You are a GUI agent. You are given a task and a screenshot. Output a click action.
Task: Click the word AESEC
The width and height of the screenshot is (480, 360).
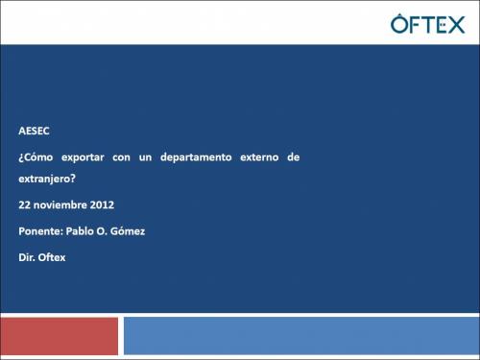tap(34, 131)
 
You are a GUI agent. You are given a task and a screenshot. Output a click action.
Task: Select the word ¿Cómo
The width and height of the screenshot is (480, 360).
tap(36, 156)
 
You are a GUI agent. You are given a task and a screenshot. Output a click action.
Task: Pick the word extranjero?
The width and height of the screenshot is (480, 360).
tap(48, 180)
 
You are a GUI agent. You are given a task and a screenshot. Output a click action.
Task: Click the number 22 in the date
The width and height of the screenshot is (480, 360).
tap(24, 204)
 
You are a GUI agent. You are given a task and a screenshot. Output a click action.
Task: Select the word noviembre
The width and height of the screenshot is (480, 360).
tap(60, 204)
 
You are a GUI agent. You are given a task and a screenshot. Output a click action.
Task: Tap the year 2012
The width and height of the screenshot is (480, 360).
tap(103, 204)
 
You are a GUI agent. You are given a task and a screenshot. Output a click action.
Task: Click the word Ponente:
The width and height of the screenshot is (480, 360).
tap(41, 230)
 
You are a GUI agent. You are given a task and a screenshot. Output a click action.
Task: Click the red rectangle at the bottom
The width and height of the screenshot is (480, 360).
tap(60, 336)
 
